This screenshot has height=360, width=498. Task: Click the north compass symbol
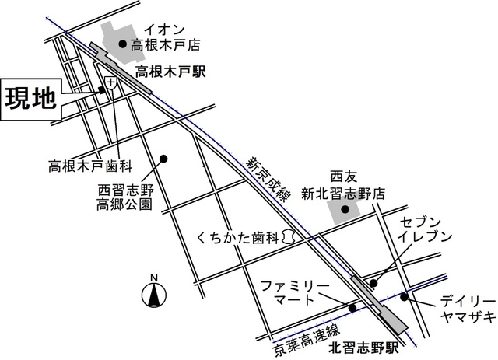pos(154,295)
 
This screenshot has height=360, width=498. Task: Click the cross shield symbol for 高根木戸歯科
pos(111,82)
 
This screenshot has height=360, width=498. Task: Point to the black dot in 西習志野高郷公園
pos(164,159)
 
